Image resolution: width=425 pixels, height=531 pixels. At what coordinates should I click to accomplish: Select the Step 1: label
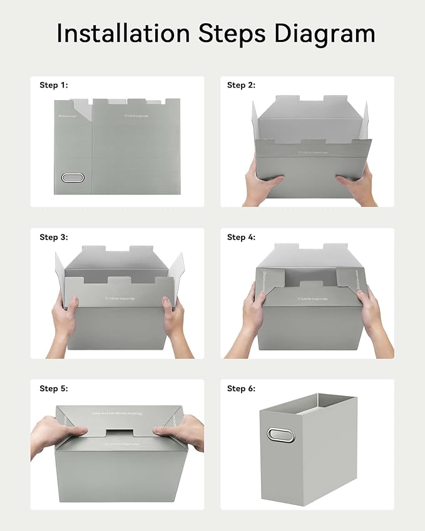[x=53, y=85]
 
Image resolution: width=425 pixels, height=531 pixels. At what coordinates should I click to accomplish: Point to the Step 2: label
[x=241, y=85]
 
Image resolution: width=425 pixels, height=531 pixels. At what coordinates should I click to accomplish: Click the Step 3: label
[x=53, y=237]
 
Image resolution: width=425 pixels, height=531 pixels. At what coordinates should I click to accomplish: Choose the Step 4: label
[x=241, y=237]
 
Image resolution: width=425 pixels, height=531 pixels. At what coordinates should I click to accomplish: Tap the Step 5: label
[x=53, y=388]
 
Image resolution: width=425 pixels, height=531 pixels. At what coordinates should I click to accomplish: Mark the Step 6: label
[x=241, y=388]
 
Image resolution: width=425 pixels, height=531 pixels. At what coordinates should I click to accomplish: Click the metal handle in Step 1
[x=73, y=178]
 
